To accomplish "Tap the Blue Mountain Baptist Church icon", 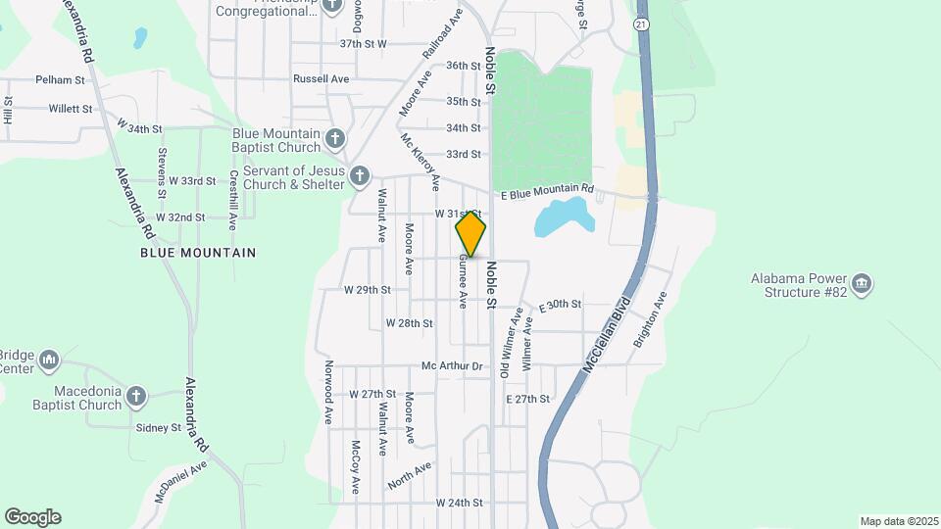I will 335,138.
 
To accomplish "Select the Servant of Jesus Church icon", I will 360,176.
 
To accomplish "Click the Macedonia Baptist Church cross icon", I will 136,396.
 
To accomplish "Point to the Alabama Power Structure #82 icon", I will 862,285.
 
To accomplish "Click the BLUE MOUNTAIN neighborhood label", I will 198,253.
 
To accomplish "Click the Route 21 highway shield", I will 641,23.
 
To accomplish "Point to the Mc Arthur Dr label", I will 453,366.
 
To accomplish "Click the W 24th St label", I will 460,503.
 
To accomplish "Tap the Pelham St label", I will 56,79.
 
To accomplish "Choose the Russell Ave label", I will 322,78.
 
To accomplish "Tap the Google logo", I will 32,517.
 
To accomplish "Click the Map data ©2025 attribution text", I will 898,521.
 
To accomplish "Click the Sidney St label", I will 159,428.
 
